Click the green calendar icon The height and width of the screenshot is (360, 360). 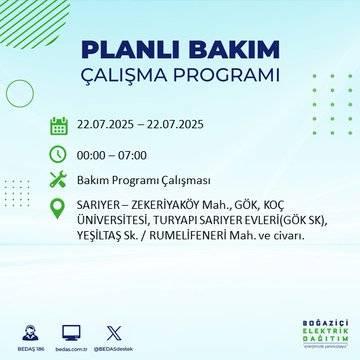pyautogui.click(x=59, y=126)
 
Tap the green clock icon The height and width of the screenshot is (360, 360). pyautogui.click(x=59, y=153)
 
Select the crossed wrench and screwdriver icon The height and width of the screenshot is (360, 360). pyautogui.click(x=59, y=180)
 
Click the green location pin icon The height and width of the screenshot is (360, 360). pyautogui.click(x=59, y=208)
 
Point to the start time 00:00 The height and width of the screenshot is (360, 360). pyautogui.click(x=95, y=153)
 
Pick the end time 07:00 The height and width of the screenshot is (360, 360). pyautogui.click(x=142, y=153)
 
